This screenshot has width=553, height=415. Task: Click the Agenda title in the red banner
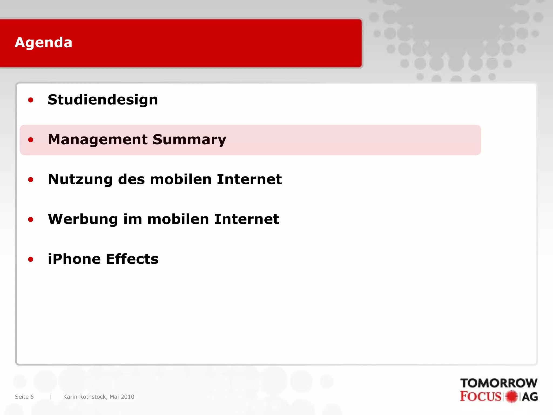click(43, 43)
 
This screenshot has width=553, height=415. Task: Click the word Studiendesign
click(103, 100)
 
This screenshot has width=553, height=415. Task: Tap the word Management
click(98, 140)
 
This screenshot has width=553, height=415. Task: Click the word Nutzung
click(80, 180)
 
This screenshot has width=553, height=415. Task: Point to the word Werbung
click(83, 219)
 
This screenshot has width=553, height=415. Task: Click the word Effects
click(132, 259)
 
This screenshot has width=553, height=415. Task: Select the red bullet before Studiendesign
click(31, 100)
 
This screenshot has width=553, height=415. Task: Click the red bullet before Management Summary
click(31, 140)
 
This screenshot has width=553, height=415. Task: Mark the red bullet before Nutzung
click(31, 180)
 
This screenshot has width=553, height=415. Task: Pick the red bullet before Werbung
click(31, 219)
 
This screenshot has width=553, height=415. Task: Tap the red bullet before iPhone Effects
click(31, 259)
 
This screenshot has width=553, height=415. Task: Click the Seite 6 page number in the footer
click(24, 397)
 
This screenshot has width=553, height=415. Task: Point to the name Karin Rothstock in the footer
click(85, 397)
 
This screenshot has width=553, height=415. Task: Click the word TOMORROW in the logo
click(498, 383)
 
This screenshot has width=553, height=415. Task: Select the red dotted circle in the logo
click(511, 397)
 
